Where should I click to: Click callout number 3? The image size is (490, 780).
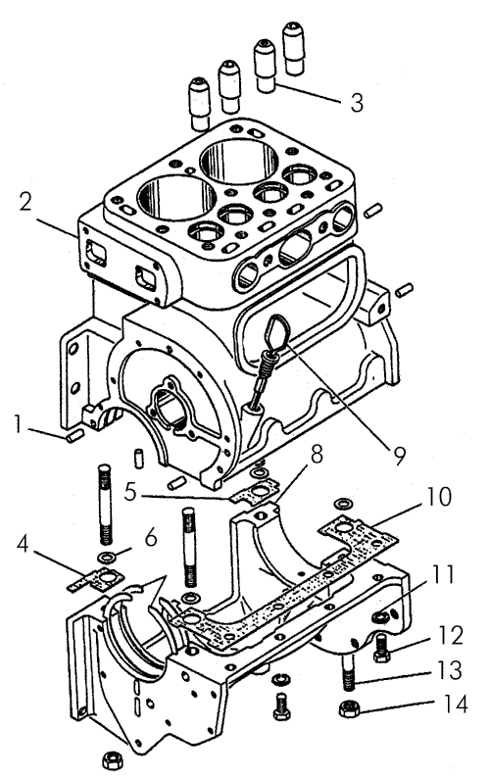click(357, 103)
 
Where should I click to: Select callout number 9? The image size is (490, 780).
click(400, 456)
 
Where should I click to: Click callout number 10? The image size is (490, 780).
click(437, 496)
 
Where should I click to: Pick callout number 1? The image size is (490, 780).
click(18, 424)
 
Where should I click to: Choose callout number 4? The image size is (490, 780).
click(23, 544)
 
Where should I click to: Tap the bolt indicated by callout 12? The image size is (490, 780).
click(382, 649)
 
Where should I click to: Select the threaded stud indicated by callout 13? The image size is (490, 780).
click(350, 672)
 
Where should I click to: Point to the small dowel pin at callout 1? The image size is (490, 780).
click(75, 437)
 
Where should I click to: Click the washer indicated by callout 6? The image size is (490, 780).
click(105, 556)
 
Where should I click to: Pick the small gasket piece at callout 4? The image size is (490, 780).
click(96, 579)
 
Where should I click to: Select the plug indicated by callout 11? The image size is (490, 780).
click(379, 617)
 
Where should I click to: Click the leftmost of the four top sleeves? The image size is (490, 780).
click(199, 104)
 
